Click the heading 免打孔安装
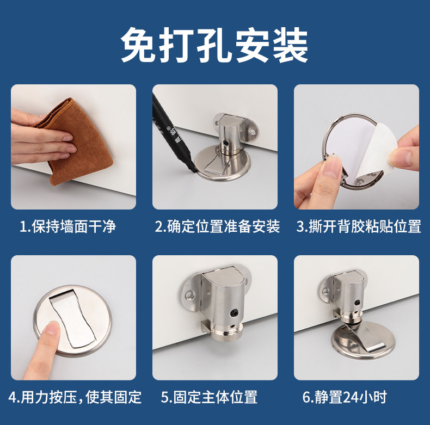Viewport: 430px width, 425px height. coord(214,45)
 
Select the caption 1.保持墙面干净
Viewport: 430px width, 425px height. coord(67,227)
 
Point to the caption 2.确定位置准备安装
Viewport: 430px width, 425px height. coord(217,227)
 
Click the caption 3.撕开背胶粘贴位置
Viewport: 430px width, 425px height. coord(359,227)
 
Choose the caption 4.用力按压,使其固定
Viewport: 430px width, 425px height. coord(75,397)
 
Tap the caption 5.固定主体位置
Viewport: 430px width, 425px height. coord(209,397)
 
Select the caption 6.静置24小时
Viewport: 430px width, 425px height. coord(345,397)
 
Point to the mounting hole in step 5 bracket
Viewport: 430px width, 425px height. coord(189,295)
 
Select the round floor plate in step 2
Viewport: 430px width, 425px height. coord(222,164)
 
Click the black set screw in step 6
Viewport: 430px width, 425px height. coord(357,303)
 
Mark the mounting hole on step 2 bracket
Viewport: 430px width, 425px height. coord(253,132)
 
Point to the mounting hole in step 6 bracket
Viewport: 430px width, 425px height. coord(325,291)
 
